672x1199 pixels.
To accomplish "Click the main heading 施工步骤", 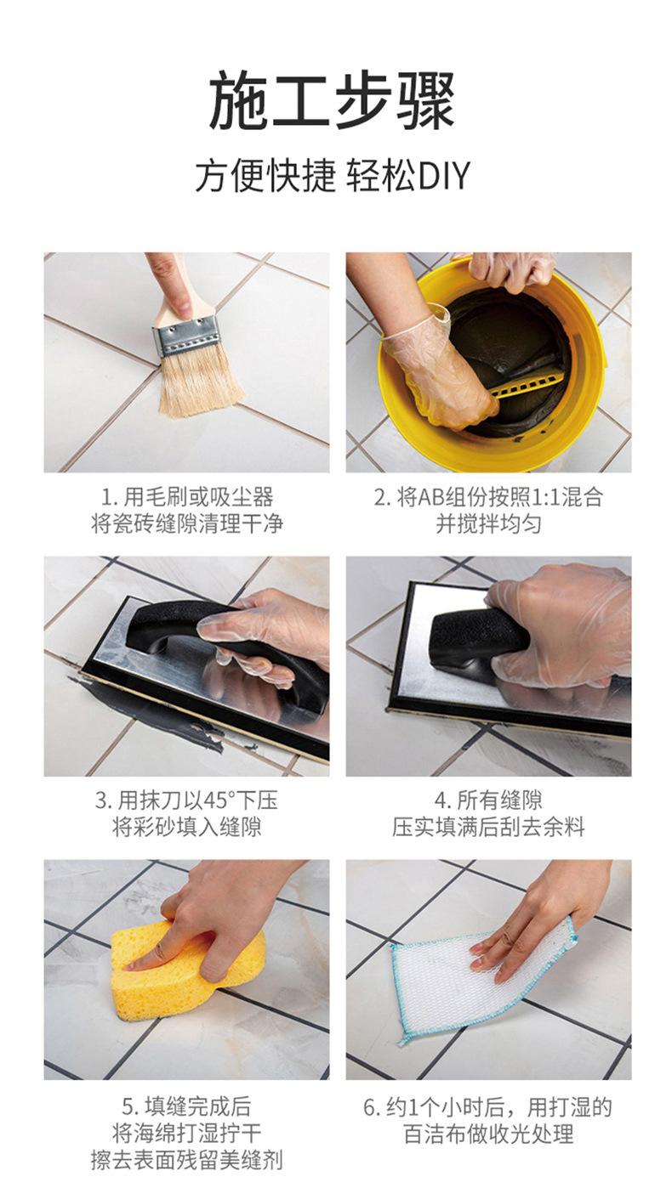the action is pyautogui.click(x=333, y=101).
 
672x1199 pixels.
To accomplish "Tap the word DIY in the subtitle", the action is pyautogui.click(x=444, y=175).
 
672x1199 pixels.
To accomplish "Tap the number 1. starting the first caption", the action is pyautogui.click(x=109, y=498).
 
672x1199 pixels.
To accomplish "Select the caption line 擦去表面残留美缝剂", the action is pyautogui.click(x=186, y=1161).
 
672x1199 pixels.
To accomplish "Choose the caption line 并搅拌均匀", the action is pyautogui.click(x=488, y=523).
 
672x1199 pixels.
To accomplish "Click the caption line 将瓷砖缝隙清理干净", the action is pyautogui.click(x=186, y=523).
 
